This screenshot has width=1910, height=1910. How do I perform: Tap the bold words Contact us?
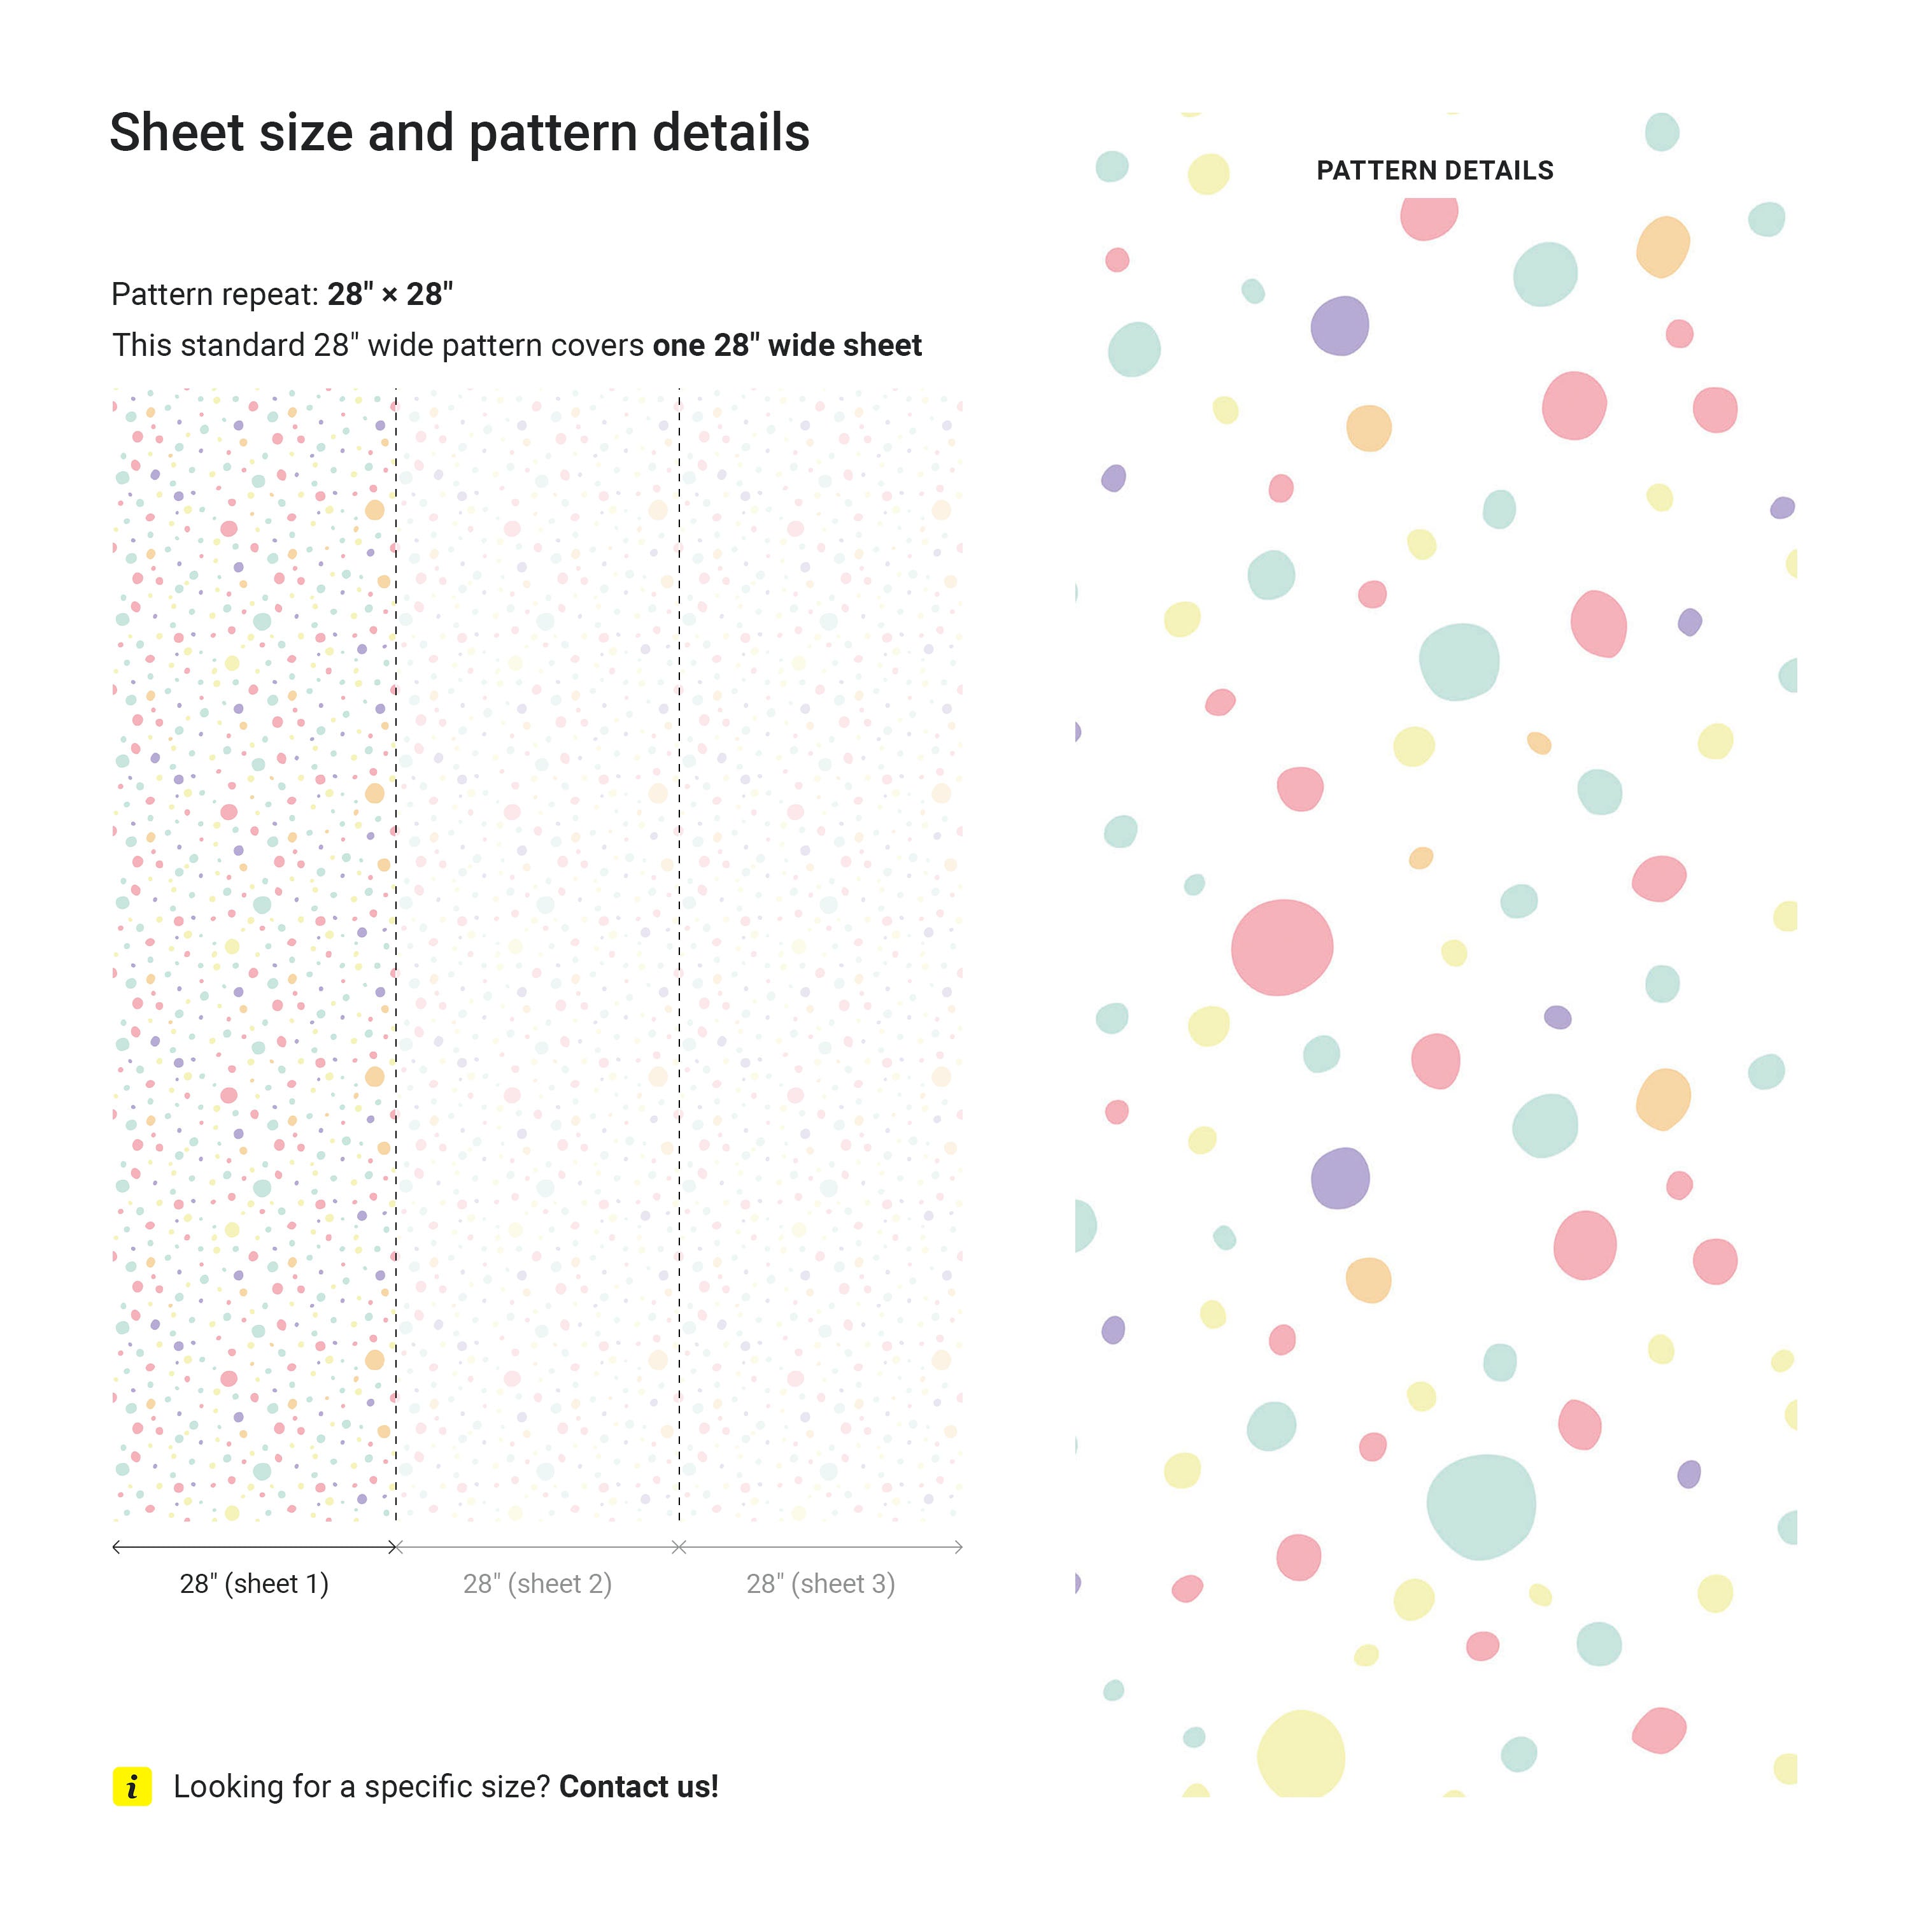pos(639,1786)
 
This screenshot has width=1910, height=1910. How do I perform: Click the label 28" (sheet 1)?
pos(254,1584)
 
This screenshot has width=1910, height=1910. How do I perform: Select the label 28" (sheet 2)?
pos(537,1584)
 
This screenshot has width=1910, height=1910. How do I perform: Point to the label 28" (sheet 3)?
pos(821,1584)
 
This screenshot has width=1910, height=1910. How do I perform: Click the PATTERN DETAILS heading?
pos(1434,171)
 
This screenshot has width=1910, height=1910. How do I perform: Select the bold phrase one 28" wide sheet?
pos(787,345)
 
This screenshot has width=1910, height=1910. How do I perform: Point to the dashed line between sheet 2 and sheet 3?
pos(679,949)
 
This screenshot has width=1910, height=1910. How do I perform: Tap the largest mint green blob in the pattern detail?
pos(1480,1506)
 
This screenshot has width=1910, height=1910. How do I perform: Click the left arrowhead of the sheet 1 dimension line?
pos(117,1547)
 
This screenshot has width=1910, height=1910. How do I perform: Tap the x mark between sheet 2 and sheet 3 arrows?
pos(679,1547)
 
